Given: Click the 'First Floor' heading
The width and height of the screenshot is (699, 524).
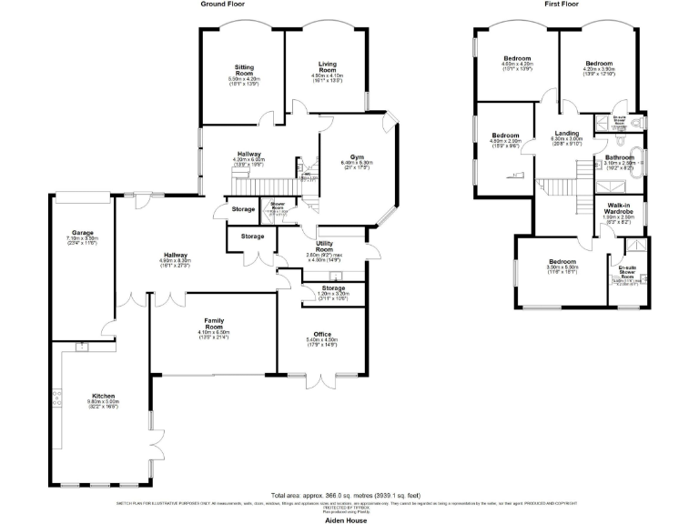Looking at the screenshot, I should point(562,5).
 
